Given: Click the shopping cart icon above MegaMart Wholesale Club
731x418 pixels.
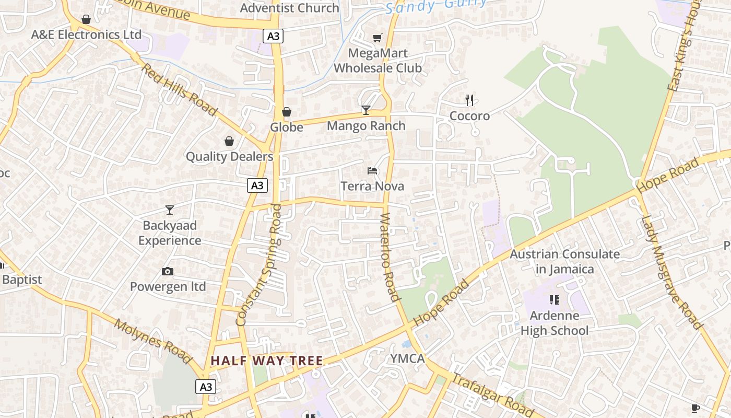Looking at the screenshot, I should click(x=377, y=38).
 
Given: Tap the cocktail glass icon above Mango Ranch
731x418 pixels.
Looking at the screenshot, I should click(x=366, y=110).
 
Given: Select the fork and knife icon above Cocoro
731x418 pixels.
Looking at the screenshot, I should click(x=469, y=100).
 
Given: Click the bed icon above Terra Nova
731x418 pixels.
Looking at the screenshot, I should click(x=372, y=170).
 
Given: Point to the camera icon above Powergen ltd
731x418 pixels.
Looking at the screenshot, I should click(x=168, y=271).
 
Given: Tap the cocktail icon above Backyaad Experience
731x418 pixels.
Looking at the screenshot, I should click(x=169, y=210).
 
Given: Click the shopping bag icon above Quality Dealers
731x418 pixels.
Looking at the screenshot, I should click(x=229, y=141).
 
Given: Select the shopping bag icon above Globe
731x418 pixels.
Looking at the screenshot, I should click(x=286, y=112).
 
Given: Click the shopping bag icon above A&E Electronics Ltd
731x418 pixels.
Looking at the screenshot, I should click(x=86, y=19).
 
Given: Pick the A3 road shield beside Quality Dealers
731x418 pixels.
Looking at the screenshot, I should click(x=257, y=185).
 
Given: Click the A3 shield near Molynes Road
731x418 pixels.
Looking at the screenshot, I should click(x=206, y=387).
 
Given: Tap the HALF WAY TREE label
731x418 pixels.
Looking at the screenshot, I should click(x=267, y=361).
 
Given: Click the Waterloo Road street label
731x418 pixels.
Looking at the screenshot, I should click(x=390, y=257).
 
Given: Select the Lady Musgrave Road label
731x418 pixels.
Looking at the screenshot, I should click(x=672, y=272).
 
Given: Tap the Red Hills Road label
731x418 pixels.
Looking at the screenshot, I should click(x=179, y=89).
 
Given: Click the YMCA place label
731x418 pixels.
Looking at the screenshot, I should click(x=408, y=358).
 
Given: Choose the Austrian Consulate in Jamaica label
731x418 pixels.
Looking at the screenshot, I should click(x=564, y=262).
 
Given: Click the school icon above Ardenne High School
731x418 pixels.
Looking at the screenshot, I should click(x=554, y=300).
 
